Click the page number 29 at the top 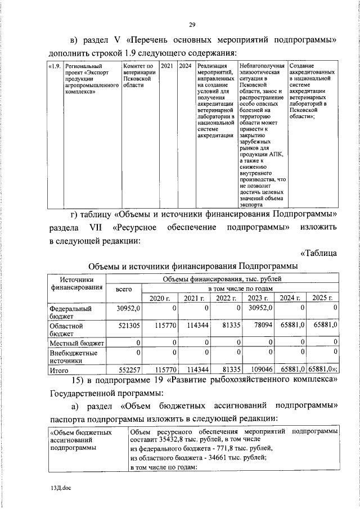191,25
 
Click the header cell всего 123,289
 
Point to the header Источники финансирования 76,283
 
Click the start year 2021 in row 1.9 167,66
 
